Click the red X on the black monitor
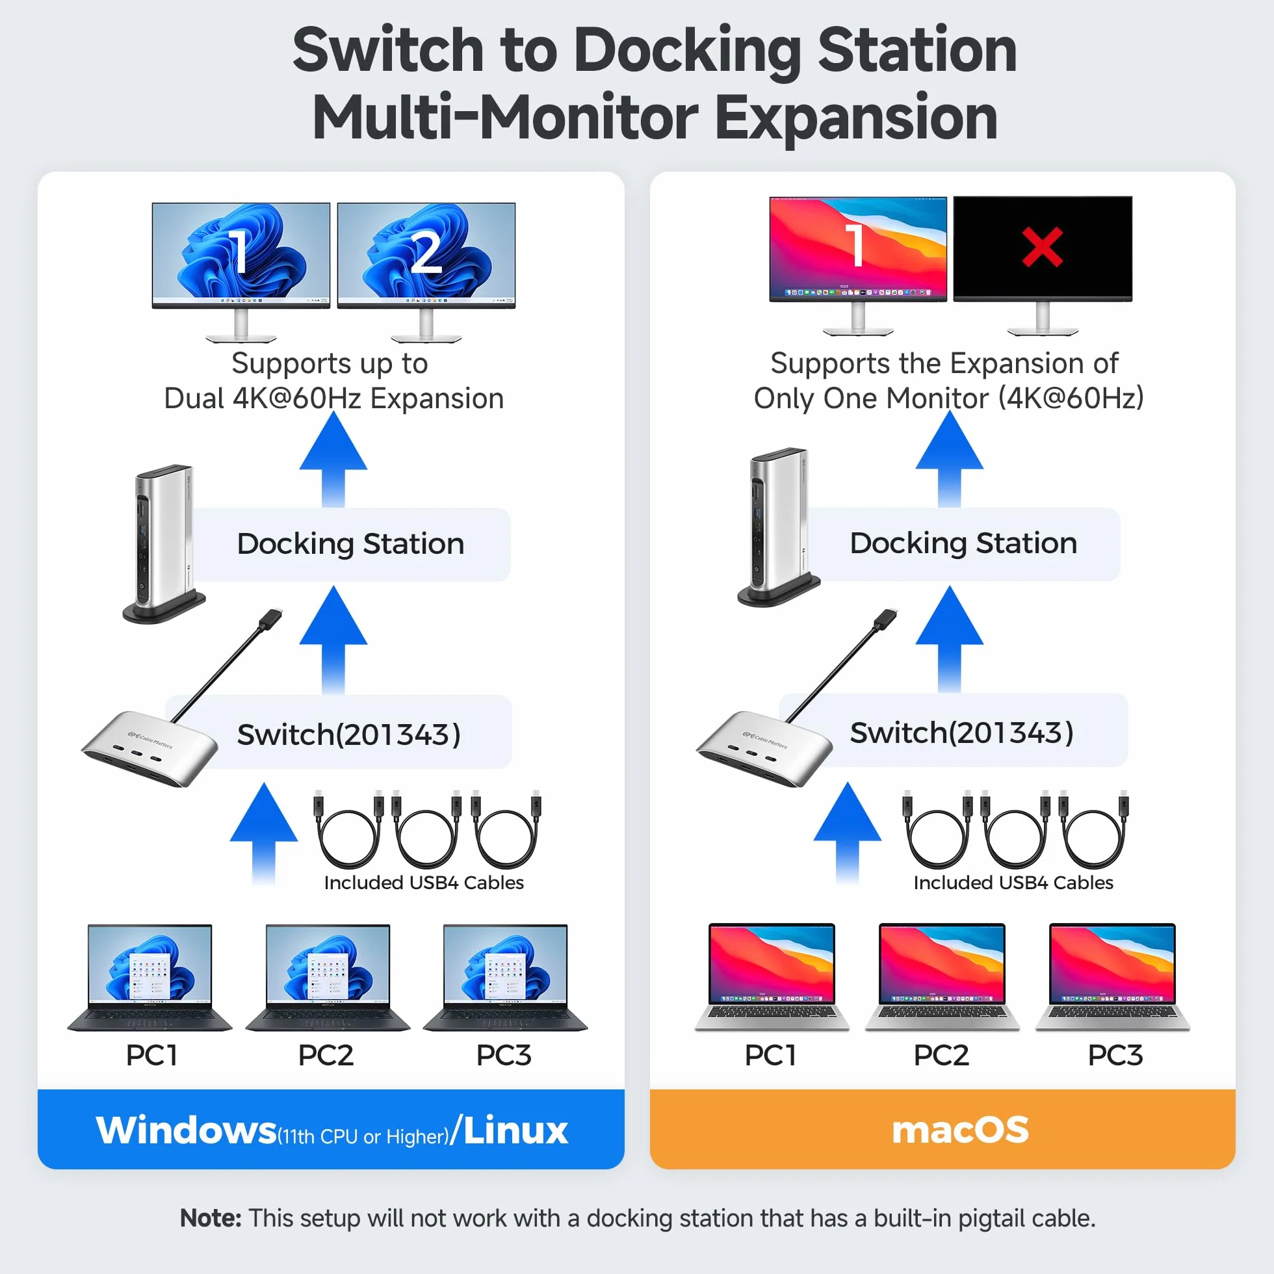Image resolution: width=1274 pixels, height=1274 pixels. point(1042,246)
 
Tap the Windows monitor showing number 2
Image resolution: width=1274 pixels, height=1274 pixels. point(426,272)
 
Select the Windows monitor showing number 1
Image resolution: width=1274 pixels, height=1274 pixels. point(240,272)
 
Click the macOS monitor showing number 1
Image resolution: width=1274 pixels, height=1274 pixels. point(858,265)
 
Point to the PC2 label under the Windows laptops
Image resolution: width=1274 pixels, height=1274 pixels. point(326,1055)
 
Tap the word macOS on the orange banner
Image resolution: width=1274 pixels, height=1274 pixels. point(960,1130)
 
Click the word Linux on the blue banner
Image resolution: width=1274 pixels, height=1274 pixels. point(515,1130)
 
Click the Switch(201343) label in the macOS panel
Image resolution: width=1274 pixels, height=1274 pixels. point(961,733)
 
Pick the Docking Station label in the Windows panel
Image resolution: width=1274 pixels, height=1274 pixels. point(351,544)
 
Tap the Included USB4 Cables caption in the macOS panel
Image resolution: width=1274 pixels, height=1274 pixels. point(1013,882)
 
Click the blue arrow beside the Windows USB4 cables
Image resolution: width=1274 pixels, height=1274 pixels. point(264,833)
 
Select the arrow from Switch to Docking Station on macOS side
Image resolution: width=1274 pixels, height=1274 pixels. point(950,638)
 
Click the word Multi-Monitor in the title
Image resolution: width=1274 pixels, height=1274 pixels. point(505,118)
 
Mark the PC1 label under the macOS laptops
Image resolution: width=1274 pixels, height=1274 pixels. point(770,1055)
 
